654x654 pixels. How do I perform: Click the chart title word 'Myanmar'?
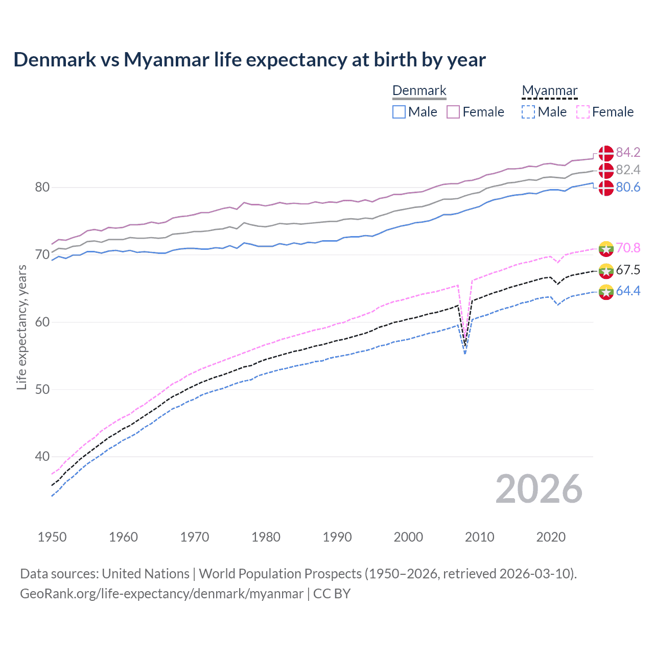pos(167,60)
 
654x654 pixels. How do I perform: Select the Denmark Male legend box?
pos(399,112)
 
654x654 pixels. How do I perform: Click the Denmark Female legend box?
pos(453,112)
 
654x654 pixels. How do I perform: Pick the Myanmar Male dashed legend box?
pos(528,112)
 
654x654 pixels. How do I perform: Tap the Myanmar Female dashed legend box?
pos(583,112)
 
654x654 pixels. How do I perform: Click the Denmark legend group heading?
pos(419,91)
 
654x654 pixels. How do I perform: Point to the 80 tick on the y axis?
pos(42,188)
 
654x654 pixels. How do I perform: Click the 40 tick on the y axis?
pos(42,457)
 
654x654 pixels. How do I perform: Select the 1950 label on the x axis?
pos(52,537)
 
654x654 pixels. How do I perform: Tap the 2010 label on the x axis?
pos(479,537)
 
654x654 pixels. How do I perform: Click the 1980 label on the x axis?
pos(266,537)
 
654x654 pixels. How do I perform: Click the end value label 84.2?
pos(628,153)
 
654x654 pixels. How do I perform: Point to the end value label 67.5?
pos(628,270)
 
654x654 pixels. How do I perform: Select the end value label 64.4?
pos(628,291)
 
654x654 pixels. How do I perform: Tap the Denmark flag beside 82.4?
pos(606,170)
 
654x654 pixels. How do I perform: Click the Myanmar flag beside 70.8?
pos(606,248)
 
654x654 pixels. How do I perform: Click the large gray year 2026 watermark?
pos(539,489)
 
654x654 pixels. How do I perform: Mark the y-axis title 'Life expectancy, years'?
pos(22,328)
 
